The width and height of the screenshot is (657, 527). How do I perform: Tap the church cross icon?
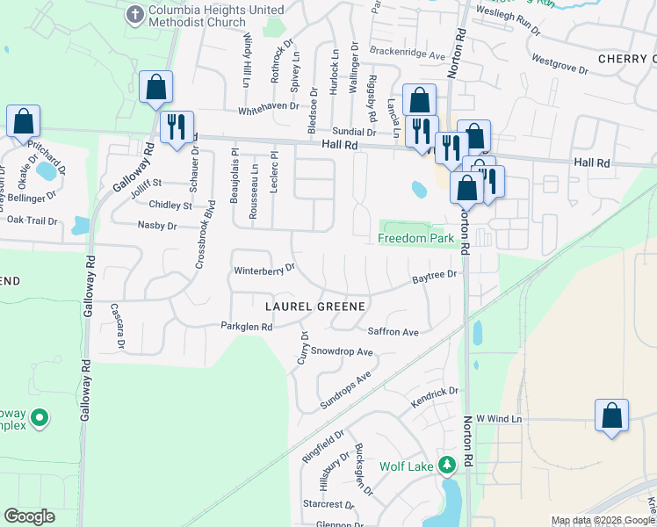(135, 13)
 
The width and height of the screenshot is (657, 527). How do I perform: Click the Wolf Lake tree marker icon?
(447, 465)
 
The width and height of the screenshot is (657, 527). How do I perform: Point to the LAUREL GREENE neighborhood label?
(315, 306)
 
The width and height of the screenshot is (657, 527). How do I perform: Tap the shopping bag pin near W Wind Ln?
(611, 416)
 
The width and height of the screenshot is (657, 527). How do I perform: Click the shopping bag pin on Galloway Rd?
(155, 88)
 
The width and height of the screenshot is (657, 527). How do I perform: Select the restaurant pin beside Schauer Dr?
(177, 128)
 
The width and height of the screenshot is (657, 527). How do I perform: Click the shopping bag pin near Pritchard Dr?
(24, 122)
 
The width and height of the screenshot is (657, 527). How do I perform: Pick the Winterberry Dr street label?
(264, 270)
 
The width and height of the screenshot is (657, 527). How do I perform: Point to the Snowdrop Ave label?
(343, 352)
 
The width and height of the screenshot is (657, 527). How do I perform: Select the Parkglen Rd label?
(247, 327)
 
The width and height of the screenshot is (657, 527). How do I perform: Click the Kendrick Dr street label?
(435, 398)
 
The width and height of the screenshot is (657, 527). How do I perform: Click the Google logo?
(29, 516)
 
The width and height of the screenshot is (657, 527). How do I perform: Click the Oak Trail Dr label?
(32, 221)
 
